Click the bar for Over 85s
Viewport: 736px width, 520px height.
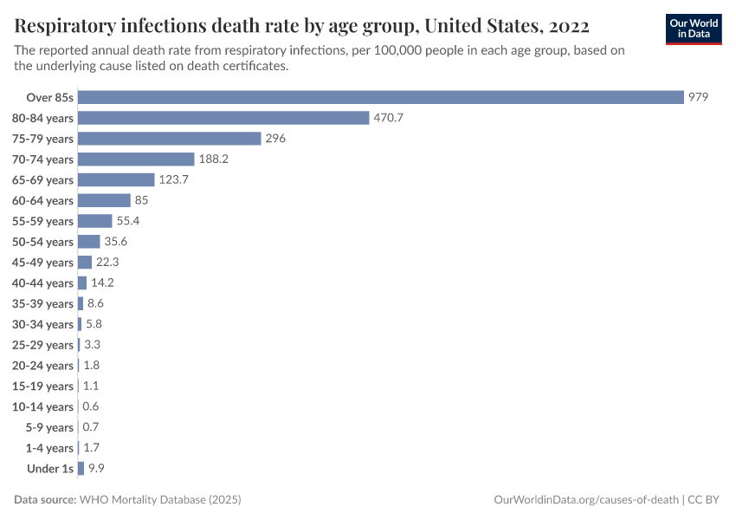tap(381, 97)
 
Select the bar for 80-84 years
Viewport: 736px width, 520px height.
tap(223, 118)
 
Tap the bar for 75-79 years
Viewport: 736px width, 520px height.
tap(170, 139)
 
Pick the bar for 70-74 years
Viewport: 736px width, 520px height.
tap(136, 159)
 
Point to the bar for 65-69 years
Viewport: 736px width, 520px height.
tap(117, 179)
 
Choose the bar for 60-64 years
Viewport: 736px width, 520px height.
tap(104, 200)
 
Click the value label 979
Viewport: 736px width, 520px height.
tap(699, 97)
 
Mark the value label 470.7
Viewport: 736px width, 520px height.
tap(389, 118)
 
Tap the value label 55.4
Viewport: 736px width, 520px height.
tap(128, 221)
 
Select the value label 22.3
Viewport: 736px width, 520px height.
tap(107, 263)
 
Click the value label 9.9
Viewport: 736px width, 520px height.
tap(96, 469)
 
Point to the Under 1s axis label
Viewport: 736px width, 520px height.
tap(50, 469)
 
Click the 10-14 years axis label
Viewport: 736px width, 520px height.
tap(42, 406)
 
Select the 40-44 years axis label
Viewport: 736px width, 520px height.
tap(42, 283)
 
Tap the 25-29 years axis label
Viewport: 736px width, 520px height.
tap(42, 345)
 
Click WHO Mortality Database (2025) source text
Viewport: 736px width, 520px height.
tap(160, 500)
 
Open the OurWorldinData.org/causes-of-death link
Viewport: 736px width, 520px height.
tap(584, 500)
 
